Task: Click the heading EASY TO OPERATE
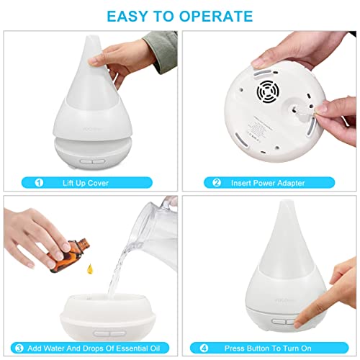coord(180,15)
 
